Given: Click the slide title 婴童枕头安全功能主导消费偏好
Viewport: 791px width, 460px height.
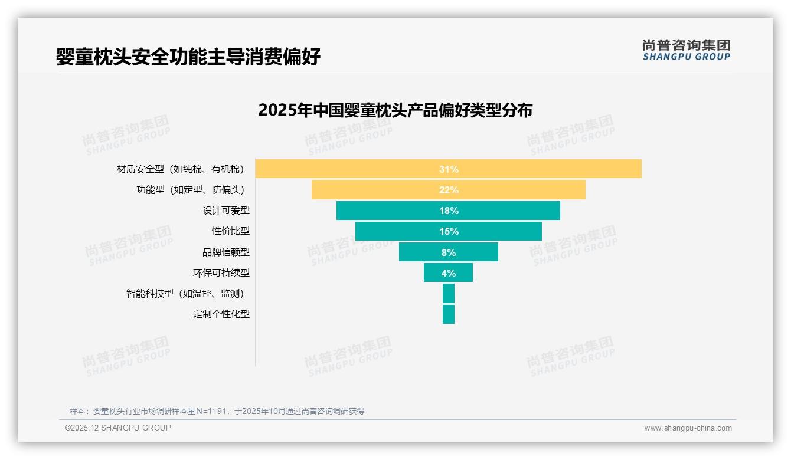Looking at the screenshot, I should (188, 57).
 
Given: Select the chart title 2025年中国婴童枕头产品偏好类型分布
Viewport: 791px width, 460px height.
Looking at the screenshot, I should (395, 110).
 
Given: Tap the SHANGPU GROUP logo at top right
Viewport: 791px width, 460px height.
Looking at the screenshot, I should (686, 50).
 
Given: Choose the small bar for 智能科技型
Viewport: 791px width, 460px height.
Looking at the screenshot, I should (449, 293).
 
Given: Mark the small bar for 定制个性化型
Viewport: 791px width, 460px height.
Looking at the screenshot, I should (449, 314).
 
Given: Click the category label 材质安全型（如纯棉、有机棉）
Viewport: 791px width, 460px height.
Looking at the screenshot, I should (181, 169).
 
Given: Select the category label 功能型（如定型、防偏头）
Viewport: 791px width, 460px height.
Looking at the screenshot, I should (190, 190).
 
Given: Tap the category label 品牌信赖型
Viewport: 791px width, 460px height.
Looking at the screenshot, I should (225, 252).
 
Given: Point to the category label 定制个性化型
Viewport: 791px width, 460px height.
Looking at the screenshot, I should (221, 314).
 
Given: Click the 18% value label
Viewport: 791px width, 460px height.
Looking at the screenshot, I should (449, 211).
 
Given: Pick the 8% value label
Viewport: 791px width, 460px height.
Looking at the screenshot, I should (449, 252).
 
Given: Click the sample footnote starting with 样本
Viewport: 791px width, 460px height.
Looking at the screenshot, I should (217, 411).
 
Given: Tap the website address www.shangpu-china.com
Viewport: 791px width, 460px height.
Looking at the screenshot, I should (688, 428).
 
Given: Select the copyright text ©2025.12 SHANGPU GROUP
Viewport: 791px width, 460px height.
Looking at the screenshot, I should (118, 428).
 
